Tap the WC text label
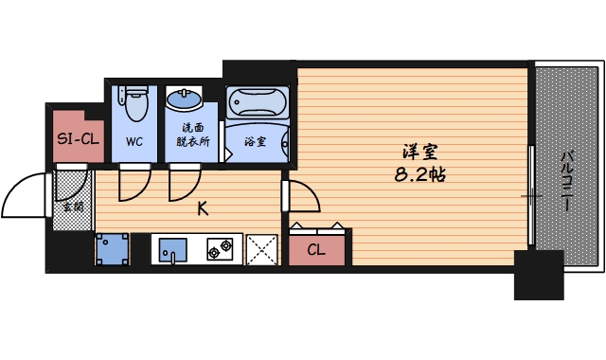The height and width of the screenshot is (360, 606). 134,142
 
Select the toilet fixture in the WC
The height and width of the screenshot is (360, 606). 134,103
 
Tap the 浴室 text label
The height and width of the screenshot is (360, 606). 255,142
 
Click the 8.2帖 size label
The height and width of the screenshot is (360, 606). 419,175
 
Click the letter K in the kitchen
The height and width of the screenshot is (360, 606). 203,209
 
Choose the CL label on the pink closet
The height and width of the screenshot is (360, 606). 317,251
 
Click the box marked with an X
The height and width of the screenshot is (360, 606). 260,249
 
